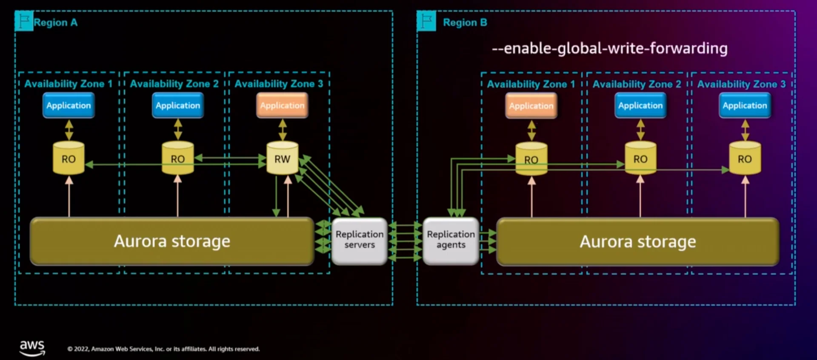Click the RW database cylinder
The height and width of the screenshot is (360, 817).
(282, 159)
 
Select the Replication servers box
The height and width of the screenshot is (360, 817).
(360, 240)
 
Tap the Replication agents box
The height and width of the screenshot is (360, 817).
(451, 240)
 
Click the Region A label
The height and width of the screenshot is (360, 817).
(56, 23)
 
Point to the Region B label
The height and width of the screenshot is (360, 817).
(465, 23)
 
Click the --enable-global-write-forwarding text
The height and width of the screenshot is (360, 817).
(609, 49)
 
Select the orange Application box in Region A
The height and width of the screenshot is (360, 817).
(282, 106)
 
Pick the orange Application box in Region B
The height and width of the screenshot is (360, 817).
(531, 106)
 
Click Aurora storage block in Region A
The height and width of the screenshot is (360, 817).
(172, 241)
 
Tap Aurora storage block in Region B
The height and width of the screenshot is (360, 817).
(637, 242)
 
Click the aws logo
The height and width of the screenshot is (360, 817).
(32, 347)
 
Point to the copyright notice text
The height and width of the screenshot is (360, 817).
(163, 349)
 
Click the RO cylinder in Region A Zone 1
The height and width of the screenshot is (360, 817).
(69, 159)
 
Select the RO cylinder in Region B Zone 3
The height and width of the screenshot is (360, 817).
(745, 159)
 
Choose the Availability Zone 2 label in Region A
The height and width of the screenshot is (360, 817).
(174, 84)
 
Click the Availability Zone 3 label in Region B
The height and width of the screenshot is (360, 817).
(741, 84)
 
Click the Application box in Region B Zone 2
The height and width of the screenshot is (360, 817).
(640, 106)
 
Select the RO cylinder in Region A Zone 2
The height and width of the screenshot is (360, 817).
(177, 159)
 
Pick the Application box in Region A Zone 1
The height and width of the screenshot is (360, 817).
(69, 106)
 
